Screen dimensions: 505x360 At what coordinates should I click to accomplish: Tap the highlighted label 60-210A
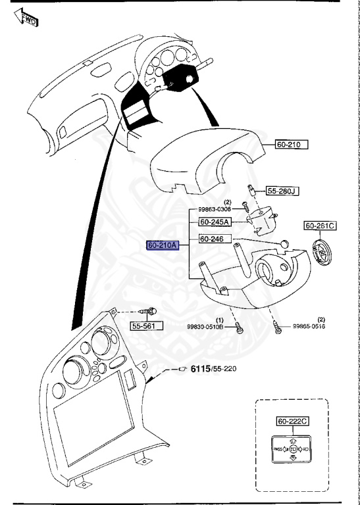click(162, 245)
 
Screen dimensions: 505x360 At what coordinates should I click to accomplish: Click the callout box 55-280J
click(282, 191)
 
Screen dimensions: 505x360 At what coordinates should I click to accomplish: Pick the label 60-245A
click(214, 222)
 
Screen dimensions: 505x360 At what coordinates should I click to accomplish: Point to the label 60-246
click(213, 239)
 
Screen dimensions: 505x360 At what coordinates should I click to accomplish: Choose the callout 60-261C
click(320, 226)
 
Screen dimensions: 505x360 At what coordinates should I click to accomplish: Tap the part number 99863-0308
click(215, 210)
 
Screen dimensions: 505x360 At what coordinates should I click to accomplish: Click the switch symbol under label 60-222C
click(292, 449)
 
